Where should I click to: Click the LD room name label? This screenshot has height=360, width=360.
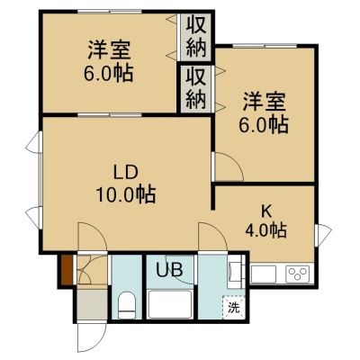coord(125,173)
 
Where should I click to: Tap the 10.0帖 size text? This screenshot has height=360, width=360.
coord(126,195)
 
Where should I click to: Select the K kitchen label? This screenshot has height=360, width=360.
coord(265,212)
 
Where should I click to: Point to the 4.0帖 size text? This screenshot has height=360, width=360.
coord(265,230)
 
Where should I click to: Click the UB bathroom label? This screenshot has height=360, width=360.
coord(169,270)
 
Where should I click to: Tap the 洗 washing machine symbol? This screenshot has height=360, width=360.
coord(234,307)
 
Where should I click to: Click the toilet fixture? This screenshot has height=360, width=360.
coord(126,305)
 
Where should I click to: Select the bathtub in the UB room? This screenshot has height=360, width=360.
coord(170,304)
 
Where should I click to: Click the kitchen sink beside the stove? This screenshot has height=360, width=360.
coord(264,274)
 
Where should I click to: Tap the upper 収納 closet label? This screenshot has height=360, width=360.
coord(196,36)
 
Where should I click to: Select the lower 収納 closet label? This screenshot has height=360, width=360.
coord(196,88)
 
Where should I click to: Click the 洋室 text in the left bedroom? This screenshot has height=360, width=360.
coord(109,50)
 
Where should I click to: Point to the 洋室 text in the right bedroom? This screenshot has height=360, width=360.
coord(265,102)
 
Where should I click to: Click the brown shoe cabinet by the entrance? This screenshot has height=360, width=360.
coord(67,270)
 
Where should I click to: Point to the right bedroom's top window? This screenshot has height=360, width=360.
coord(265,46)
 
